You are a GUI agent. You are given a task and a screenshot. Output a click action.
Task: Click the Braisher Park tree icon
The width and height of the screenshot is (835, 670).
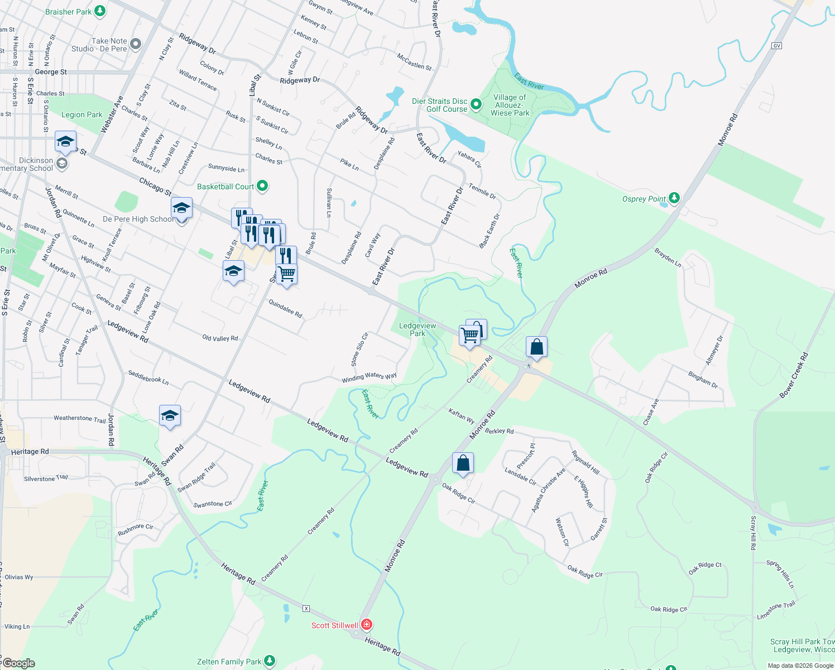pos(100,11)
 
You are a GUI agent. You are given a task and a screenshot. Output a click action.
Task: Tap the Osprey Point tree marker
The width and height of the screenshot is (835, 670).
pos(674,198)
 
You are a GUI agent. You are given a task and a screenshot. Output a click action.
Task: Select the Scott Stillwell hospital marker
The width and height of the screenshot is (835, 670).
pos(367,625)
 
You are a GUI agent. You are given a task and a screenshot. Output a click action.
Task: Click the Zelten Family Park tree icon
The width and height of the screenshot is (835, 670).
pos(270,662)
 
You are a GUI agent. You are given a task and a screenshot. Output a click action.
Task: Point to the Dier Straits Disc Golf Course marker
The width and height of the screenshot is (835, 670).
pos(476,104)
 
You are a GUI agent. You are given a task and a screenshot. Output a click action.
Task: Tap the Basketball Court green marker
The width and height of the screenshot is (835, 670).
pos(262,186)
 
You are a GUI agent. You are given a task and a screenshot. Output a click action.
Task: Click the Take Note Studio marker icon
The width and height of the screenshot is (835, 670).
pos(136,44)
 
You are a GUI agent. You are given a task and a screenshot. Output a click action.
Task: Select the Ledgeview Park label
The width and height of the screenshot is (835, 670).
pos(417,329)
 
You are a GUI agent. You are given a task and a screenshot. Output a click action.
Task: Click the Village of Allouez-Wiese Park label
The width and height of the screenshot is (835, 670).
pos(510,105)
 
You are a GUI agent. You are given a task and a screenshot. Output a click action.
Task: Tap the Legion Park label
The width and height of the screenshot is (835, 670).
pos(82,114)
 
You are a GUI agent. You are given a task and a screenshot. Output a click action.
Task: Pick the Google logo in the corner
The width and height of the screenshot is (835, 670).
pos(18,663)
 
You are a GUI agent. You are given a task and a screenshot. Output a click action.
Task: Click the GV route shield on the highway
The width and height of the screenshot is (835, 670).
pos(776,46)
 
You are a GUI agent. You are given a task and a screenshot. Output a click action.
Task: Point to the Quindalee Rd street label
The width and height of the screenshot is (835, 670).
pos(285,309)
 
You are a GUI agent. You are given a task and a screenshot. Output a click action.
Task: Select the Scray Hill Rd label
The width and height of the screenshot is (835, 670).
pos(753,533)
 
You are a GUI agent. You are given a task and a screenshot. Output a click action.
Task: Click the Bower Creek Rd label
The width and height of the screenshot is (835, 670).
pos(793,375)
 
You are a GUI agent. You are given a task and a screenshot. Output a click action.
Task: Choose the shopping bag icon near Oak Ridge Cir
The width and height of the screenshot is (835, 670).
pos(463,463)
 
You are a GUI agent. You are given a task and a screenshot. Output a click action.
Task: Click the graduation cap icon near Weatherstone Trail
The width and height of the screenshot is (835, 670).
pos(170,416)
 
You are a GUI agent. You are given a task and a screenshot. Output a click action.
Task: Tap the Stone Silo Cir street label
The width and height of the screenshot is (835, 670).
pos(359,350)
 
